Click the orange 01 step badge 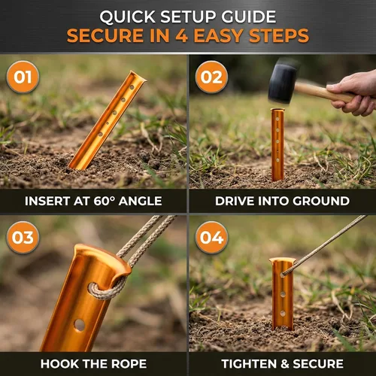23,77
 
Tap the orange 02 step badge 211,77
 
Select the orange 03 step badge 23,238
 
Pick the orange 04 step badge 211,238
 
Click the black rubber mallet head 282,83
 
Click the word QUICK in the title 127,17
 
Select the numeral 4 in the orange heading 181,35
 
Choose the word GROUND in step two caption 321,201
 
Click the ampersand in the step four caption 284,364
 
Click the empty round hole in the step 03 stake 80,325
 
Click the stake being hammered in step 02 277,144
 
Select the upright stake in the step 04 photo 283,294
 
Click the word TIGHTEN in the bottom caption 249,364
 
